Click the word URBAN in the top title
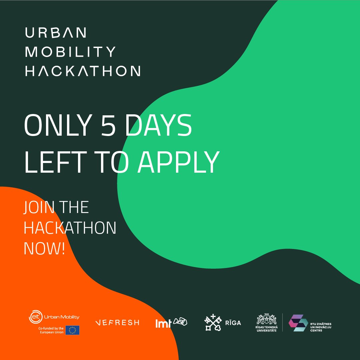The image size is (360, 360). coord(56,33)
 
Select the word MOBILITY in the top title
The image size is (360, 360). coord(70,52)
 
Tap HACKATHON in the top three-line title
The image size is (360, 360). coord(83,71)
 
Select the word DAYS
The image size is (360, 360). coord(161,125)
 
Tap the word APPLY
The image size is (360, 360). coord(179,162)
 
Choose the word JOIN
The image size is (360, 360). coord(39,207)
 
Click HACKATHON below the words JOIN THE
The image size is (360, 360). coord(70,228)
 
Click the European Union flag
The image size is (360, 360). coord(72,330)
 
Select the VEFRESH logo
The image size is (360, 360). coord(117,323)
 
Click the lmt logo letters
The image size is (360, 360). coord(163,323)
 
